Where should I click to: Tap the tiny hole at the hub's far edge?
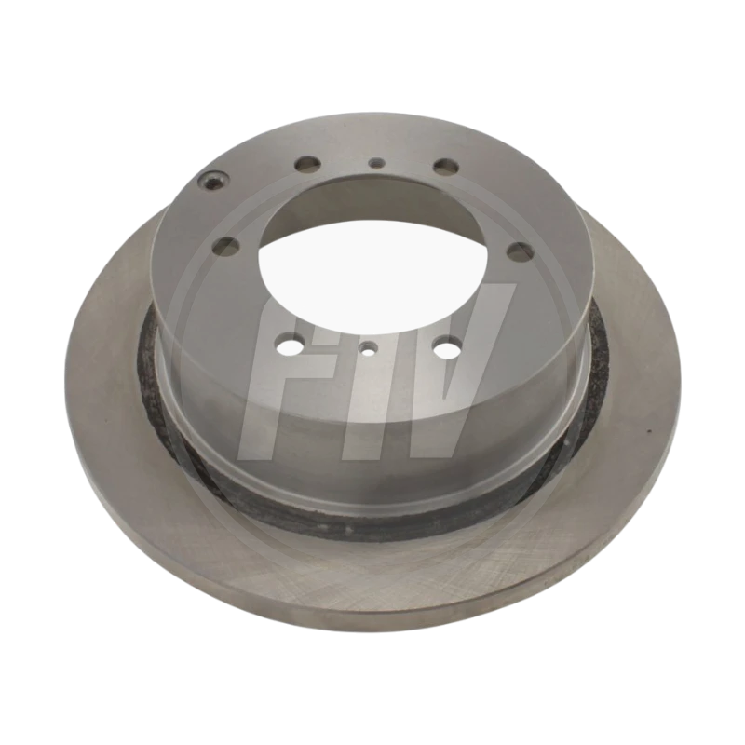pyautogui.click(x=377, y=163)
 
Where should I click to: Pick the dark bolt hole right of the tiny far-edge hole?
pyautogui.click(x=446, y=166)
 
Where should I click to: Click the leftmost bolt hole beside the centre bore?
pyautogui.click(x=227, y=246)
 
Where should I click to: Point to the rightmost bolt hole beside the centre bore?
pyautogui.click(x=521, y=250)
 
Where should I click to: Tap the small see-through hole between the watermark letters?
pyautogui.click(x=368, y=349)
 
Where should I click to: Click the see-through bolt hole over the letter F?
pyautogui.click(x=291, y=345)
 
